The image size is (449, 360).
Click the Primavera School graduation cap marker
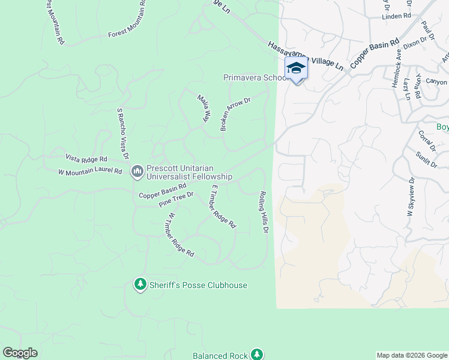pyautogui.click(x=296, y=68)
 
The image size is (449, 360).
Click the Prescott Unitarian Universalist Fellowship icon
pyautogui.click(x=137, y=172)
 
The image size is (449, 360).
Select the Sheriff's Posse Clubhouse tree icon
pyautogui.click(x=140, y=284)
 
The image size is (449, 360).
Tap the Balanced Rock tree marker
pyautogui.click(x=257, y=355)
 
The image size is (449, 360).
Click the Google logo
pyautogui.click(x=20, y=353)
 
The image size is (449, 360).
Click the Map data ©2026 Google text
pyautogui.click(x=412, y=355)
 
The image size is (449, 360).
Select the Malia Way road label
pyautogui.click(x=204, y=108)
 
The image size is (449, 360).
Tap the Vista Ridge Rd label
pyautogui.click(x=86, y=159)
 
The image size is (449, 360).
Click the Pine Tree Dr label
pyautogui.click(x=176, y=199)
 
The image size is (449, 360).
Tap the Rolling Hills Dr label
pyautogui.click(x=263, y=212)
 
